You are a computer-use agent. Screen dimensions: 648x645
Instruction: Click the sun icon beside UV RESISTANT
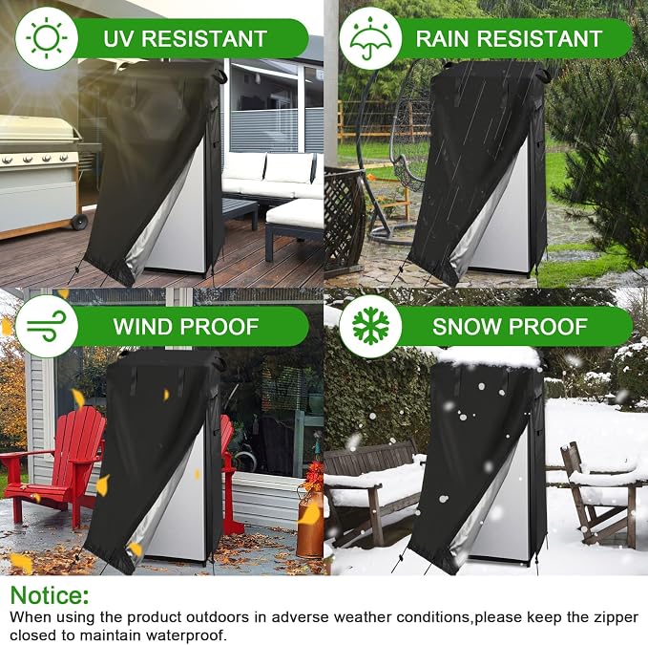[x=46, y=38]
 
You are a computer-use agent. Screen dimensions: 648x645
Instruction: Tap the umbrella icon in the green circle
[x=370, y=38]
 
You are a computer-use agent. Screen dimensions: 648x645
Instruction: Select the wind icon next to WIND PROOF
[x=46, y=326]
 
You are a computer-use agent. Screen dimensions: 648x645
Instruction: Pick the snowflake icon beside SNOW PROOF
[x=370, y=326]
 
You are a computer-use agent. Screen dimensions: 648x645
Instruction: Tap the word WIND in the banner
[x=143, y=327]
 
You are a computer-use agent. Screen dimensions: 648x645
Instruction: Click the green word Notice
[x=50, y=595]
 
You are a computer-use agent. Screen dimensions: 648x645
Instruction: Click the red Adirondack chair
[x=53, y=465]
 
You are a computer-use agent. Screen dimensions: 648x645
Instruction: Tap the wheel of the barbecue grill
[x=79, y=222]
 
